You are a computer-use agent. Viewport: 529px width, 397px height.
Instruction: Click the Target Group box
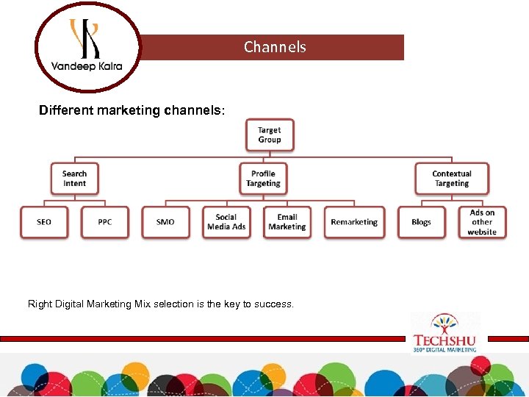270,135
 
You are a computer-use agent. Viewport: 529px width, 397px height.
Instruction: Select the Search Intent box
74,179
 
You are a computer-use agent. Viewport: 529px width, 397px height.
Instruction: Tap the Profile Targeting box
263,179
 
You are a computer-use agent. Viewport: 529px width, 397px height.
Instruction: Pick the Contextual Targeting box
452,179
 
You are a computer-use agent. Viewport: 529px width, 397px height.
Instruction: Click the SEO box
44,222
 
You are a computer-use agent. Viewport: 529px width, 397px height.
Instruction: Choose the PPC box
105,222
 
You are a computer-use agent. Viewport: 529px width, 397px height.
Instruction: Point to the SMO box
165,222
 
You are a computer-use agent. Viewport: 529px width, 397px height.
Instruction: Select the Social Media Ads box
226,222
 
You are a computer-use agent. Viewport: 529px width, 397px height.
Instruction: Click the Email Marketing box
287,222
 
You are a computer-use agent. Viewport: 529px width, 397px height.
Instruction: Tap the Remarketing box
354,222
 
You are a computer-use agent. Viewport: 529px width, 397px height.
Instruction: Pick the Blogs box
422,222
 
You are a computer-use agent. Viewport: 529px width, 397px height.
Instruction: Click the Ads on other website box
482,222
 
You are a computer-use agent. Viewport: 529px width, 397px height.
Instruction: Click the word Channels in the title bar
275,47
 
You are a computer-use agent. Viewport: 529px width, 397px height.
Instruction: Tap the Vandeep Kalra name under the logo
87,67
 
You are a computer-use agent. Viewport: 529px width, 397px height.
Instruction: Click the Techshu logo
445,333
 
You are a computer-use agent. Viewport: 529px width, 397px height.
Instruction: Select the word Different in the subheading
63,110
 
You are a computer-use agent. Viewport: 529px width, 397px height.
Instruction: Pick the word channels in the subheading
192,110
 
